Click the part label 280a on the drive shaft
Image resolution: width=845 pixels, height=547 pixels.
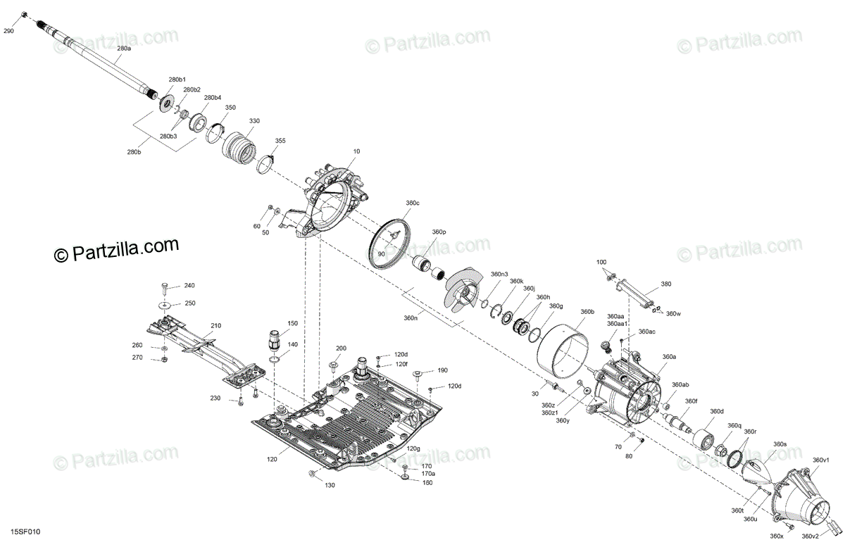(124, 49)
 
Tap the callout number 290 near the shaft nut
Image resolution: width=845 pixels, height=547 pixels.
(8, 31)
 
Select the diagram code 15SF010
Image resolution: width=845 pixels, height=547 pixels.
(25, 532)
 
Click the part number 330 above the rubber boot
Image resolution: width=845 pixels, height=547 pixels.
(254, 120)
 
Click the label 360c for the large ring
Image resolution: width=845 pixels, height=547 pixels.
(413, 203)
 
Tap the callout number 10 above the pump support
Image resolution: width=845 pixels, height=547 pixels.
(356, 151)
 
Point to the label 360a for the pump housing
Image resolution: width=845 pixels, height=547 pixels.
(669, 356)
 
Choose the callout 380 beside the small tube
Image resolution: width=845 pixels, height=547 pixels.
(666, 284)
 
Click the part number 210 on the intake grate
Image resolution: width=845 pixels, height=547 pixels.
(215, 325)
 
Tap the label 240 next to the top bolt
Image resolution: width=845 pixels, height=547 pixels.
(189, 285)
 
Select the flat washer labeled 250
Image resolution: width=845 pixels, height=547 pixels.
(165, 304)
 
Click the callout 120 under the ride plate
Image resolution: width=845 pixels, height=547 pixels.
(272, 459)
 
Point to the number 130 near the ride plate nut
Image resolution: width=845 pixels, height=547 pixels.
(330, 485)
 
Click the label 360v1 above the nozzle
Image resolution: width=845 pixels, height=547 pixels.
(821, 460)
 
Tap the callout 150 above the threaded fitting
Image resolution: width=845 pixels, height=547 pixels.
(292, 323)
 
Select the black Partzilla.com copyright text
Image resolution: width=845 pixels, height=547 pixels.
(116, 250)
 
